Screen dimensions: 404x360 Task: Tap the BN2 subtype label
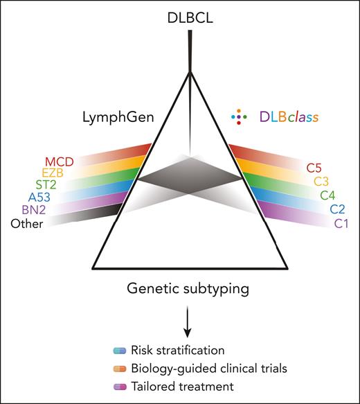pyautogui.click(x=57, y=216)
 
